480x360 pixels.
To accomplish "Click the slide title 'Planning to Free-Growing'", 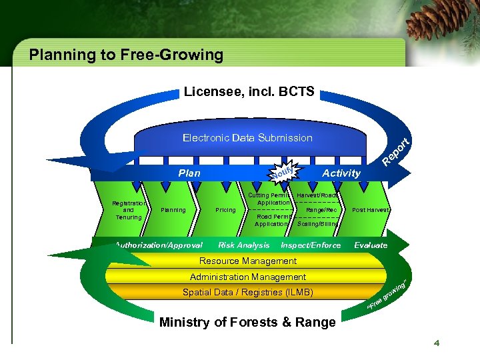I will tap(126, 55).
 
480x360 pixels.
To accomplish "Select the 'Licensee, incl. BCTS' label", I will tap(249, 91).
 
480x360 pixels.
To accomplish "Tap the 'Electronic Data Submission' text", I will tap(247, 138).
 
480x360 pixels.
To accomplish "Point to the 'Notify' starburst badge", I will tap(283, 175).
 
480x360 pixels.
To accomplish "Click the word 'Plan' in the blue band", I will tap(189, 173).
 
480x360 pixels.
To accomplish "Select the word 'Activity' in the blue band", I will tap(341, 173).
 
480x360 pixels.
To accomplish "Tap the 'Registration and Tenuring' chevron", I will tap(129, 209).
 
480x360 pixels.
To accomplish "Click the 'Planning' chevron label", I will tap(173, 210).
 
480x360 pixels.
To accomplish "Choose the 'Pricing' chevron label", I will tap(225, 210).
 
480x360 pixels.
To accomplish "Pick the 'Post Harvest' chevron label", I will tap(371, 210).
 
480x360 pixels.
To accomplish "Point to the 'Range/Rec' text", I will tap(321, 210).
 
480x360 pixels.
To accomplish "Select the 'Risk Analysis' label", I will tap(244, 245).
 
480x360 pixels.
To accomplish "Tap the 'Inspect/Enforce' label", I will tap(311, 245).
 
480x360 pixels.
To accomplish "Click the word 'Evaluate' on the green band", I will tap(371, 245).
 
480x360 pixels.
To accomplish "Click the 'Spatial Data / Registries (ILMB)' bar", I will tap(247, 292).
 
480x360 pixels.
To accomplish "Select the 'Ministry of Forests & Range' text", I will tap(247, 323).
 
